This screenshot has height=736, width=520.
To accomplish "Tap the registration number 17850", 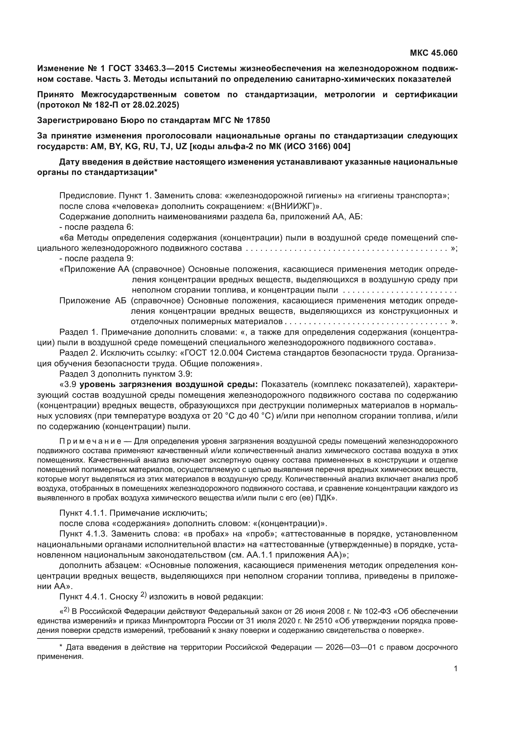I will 258,121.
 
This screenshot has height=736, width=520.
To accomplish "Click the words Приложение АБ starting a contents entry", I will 93,301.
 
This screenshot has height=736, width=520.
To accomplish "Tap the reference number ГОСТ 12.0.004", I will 214,353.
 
